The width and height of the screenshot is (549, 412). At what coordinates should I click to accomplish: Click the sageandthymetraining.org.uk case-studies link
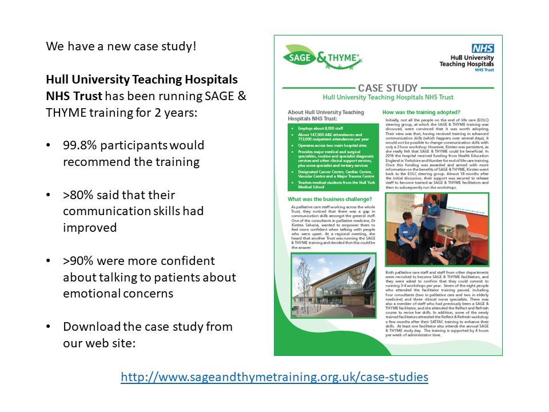pos(274,377)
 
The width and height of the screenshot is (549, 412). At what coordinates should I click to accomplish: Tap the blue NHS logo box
pos(483,49)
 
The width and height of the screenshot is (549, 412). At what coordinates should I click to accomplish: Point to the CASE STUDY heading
pos(388,88)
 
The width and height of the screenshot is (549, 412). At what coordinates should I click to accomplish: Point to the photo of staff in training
pos(437,228)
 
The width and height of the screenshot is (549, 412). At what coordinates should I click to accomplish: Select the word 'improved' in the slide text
pos(90,228)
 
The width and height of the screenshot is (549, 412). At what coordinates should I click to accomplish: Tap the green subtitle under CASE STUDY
pos(388,98)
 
